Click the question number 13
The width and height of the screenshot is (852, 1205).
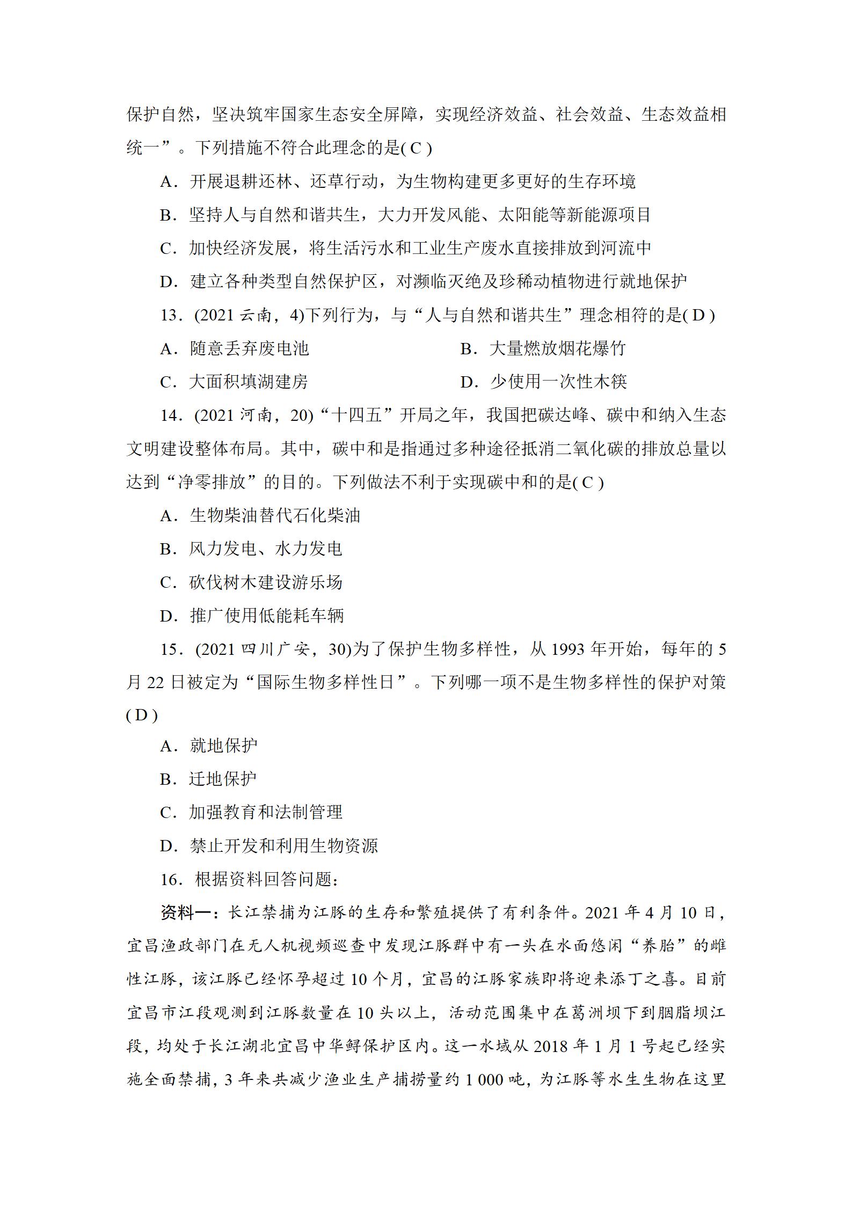pyautogui.click(x=170, y=315)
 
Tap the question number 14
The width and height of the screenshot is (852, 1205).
pyautogui.click(x=170, y=415)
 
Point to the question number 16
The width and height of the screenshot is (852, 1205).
pyautogui.click(x=170, y=880)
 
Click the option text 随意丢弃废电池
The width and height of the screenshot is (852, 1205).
pyautogui.click(x=250, y=349)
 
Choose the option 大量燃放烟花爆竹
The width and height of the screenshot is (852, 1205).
pyautogui.click(x=558, y=349)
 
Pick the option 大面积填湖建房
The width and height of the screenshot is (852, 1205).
pyautogui.click(x=249, y=382)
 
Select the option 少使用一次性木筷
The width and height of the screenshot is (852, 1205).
pyautogui.click(x=558, y=382)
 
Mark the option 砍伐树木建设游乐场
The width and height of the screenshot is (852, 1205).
pyautogui.click(x=266, y=583)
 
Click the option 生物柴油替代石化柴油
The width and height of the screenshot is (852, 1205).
pyautogui.click(x=274, y=516)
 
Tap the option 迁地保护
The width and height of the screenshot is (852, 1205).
pyautogui.click(x=223, y=779)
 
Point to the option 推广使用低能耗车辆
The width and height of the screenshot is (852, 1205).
pyautogui.click(x=266, y=616)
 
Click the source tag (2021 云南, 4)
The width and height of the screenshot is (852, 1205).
pyautogui.click(x=249, y=315)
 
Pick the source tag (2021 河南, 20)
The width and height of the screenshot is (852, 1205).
pyautogui.click(x=253, y=415)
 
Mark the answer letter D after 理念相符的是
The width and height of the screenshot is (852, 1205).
pyautogui.click(x=698, y=316)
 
